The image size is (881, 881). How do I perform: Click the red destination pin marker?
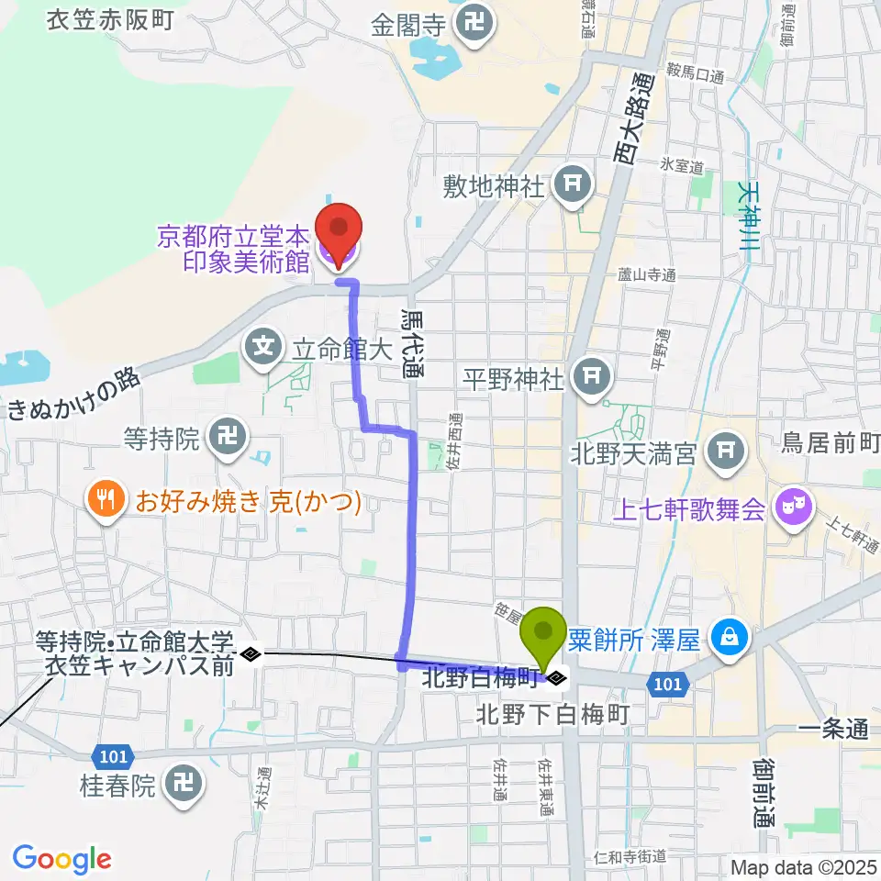339,229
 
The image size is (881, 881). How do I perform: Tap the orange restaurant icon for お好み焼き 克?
106,501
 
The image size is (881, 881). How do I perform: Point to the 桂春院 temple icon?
182,784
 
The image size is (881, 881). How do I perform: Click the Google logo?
61,859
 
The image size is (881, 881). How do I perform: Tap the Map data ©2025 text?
802,866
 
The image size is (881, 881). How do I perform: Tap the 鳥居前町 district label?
831,444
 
